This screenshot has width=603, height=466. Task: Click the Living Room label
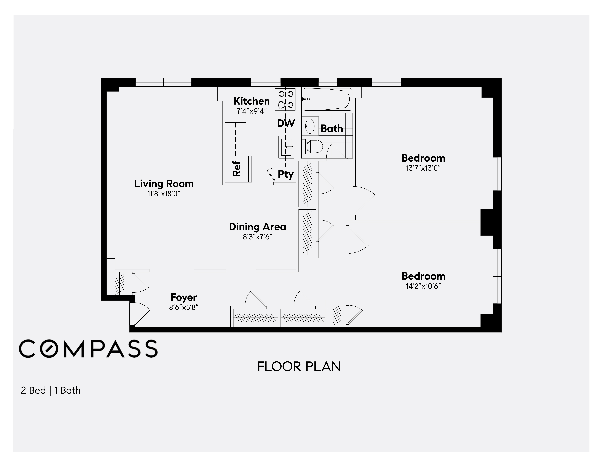(x=164, y=184)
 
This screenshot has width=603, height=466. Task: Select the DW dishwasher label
(x=286, y=123)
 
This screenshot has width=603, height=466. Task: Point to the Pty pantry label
(x=286, y=174)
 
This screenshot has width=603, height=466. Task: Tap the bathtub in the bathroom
(x=327, y=99)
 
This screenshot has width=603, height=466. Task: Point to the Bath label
(x=332, y=128)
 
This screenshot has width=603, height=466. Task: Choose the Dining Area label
(x=257, y=227)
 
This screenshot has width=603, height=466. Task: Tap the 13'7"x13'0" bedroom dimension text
(x=423, y=168)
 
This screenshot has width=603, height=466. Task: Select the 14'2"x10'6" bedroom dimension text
(x=423, y=286)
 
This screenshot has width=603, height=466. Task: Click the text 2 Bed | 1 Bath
(x=51, y=390)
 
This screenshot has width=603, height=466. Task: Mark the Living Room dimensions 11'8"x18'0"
(x=164, y=194)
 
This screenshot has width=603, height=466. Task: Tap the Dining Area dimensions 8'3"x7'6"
(x=257, y=237)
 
